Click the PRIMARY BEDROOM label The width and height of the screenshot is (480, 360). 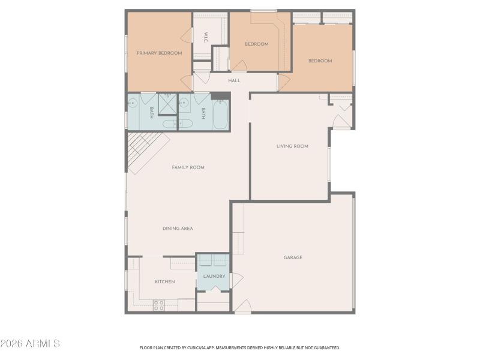pos(159,53)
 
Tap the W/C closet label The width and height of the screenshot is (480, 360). pos(205,37)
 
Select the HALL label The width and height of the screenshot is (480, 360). pos(234,80)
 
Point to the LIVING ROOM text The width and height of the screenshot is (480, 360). pos(292,146)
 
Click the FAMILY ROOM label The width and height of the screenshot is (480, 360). pos(188,167)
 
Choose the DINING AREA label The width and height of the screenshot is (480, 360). pos(178,229)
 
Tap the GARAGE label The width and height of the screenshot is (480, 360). pos(293,257)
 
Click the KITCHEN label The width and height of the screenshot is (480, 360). pos(164,281)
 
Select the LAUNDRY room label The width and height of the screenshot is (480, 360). pos(214,277)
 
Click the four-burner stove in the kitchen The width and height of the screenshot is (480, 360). pos(159,305)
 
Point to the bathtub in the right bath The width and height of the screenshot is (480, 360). pos(220,114)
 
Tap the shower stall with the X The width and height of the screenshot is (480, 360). pos(168,104)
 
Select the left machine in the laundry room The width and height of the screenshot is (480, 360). pos(206,260)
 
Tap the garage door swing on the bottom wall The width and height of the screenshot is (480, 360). pos(242,307)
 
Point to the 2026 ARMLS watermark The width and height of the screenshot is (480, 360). pos(30,344)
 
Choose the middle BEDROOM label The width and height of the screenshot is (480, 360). pos(256,44)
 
